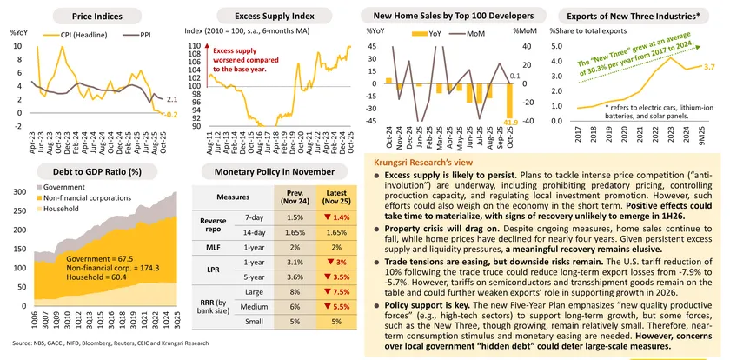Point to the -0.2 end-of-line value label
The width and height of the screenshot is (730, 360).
click(x=171, y=114)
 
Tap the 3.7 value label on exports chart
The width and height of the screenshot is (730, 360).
click(x=709, y=67)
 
